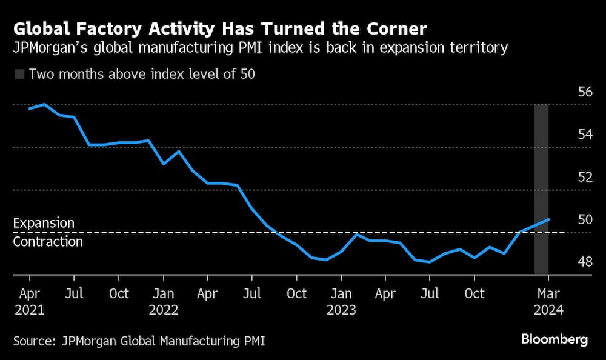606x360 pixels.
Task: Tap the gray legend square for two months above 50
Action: tap(19, 75)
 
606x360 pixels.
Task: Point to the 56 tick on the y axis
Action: tap(585, 92)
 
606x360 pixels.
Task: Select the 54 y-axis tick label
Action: tap(585, 135)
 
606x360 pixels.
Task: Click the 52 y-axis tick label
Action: tap(585, 177)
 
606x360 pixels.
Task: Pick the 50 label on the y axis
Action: tap(585, 219)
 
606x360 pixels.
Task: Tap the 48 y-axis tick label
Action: tap(585, 262)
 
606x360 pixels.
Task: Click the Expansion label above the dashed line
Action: tap(44, 223)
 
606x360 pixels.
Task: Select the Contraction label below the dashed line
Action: tap(48, 242)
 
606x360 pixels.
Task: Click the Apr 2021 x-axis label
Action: tap(29, 302)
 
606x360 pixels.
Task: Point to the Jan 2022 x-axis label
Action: tap(163, 302)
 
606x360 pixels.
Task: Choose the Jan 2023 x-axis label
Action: tap(341, 302)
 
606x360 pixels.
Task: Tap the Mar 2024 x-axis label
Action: tap(548, 302)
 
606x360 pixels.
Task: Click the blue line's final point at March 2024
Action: tap(548, 219)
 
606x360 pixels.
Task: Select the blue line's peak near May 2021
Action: tap(45, 104)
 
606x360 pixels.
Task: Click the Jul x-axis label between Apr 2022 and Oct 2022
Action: tap(252, 294)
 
